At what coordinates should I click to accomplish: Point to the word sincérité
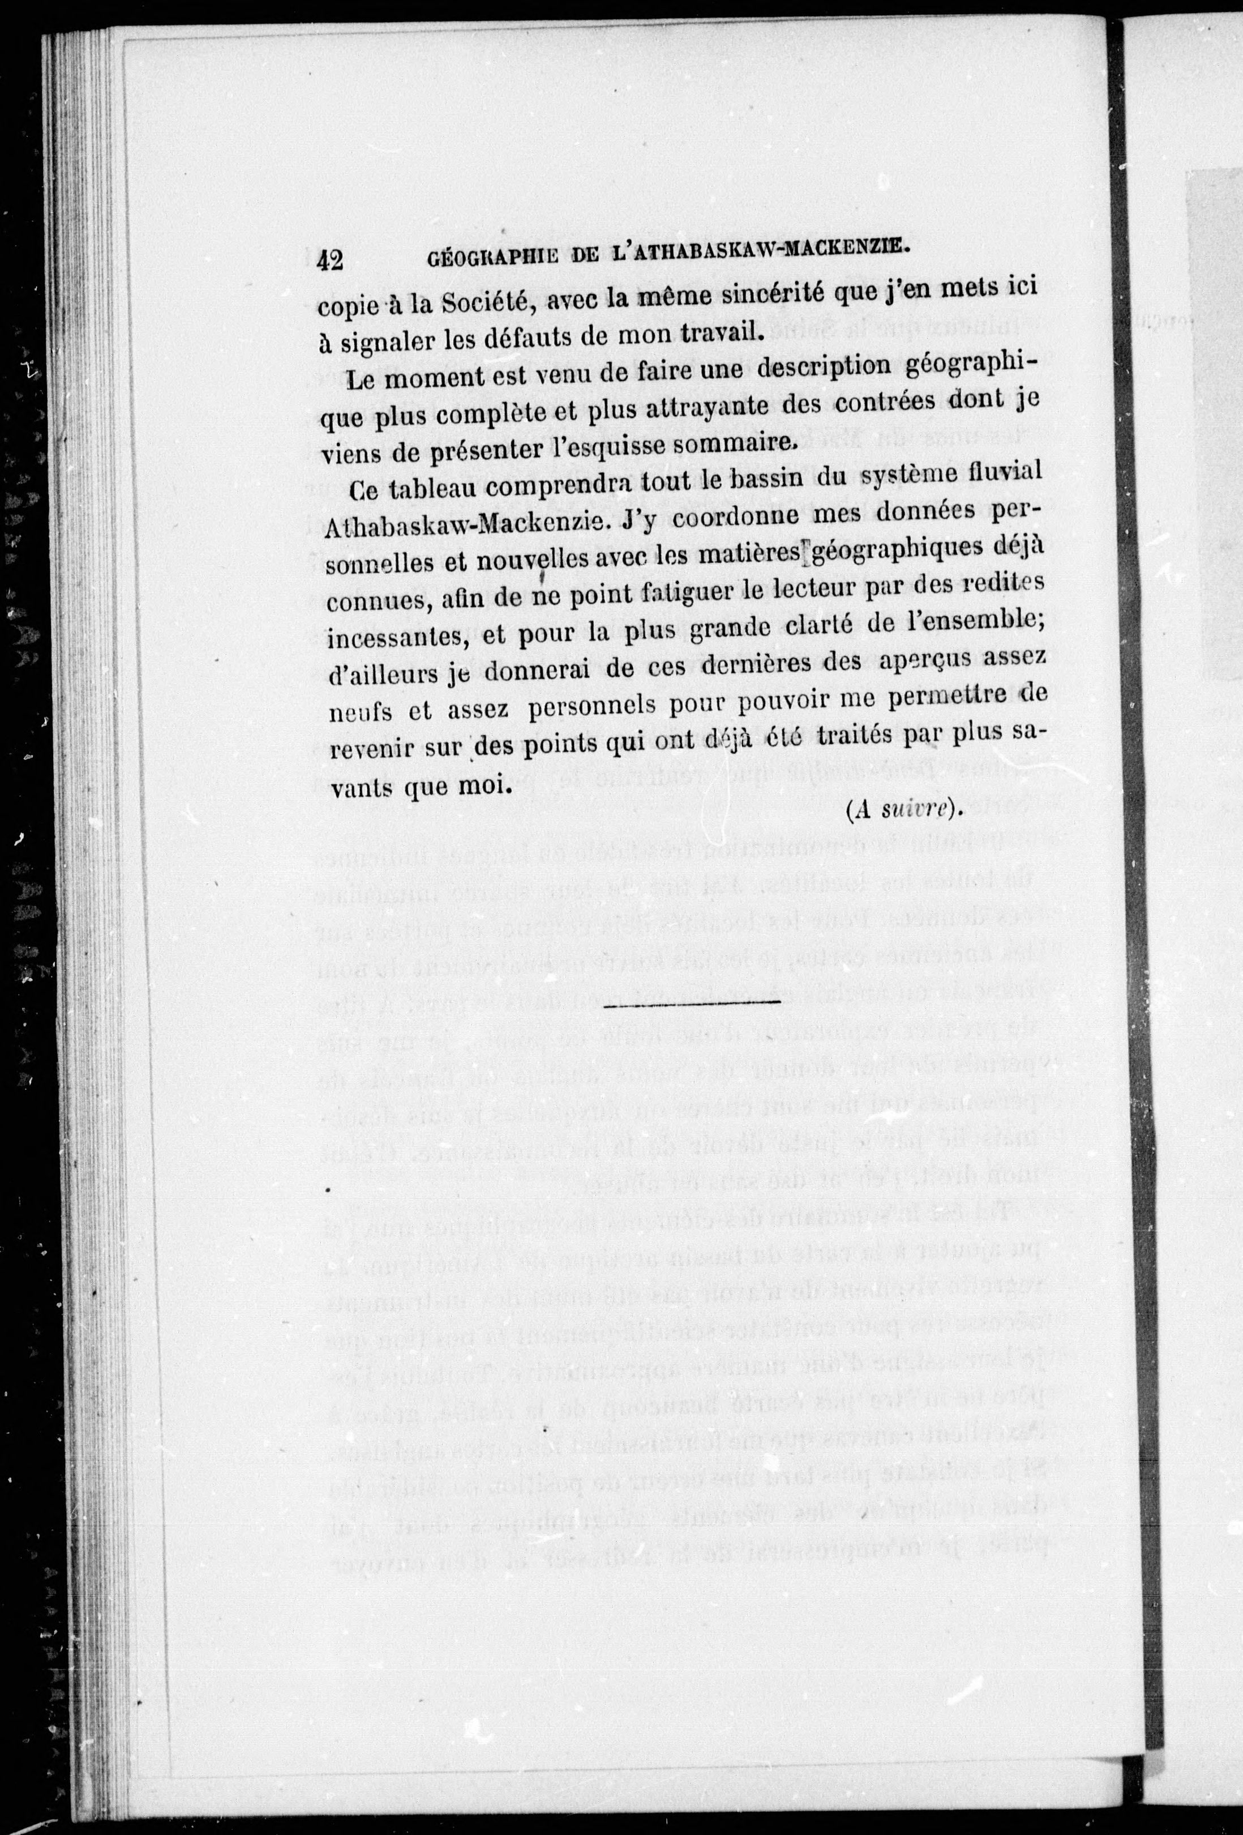(x=799, y=294)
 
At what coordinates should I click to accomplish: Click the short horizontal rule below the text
(x=692, y=1003)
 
